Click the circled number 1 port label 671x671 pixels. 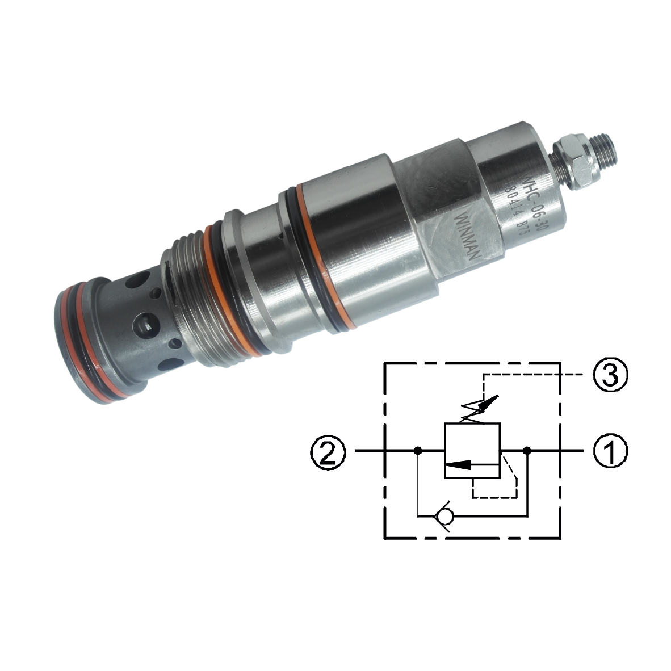pyautogui.click(x=610, y=451)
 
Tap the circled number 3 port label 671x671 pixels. pyautogui.click(x=610, y=376)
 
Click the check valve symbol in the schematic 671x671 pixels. pyautogui.click(x=442, y=516)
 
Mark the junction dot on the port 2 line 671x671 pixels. pyautogui.click(x=417, y=451)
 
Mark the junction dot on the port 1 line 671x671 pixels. pyautogui.click(x=527, y=451)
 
